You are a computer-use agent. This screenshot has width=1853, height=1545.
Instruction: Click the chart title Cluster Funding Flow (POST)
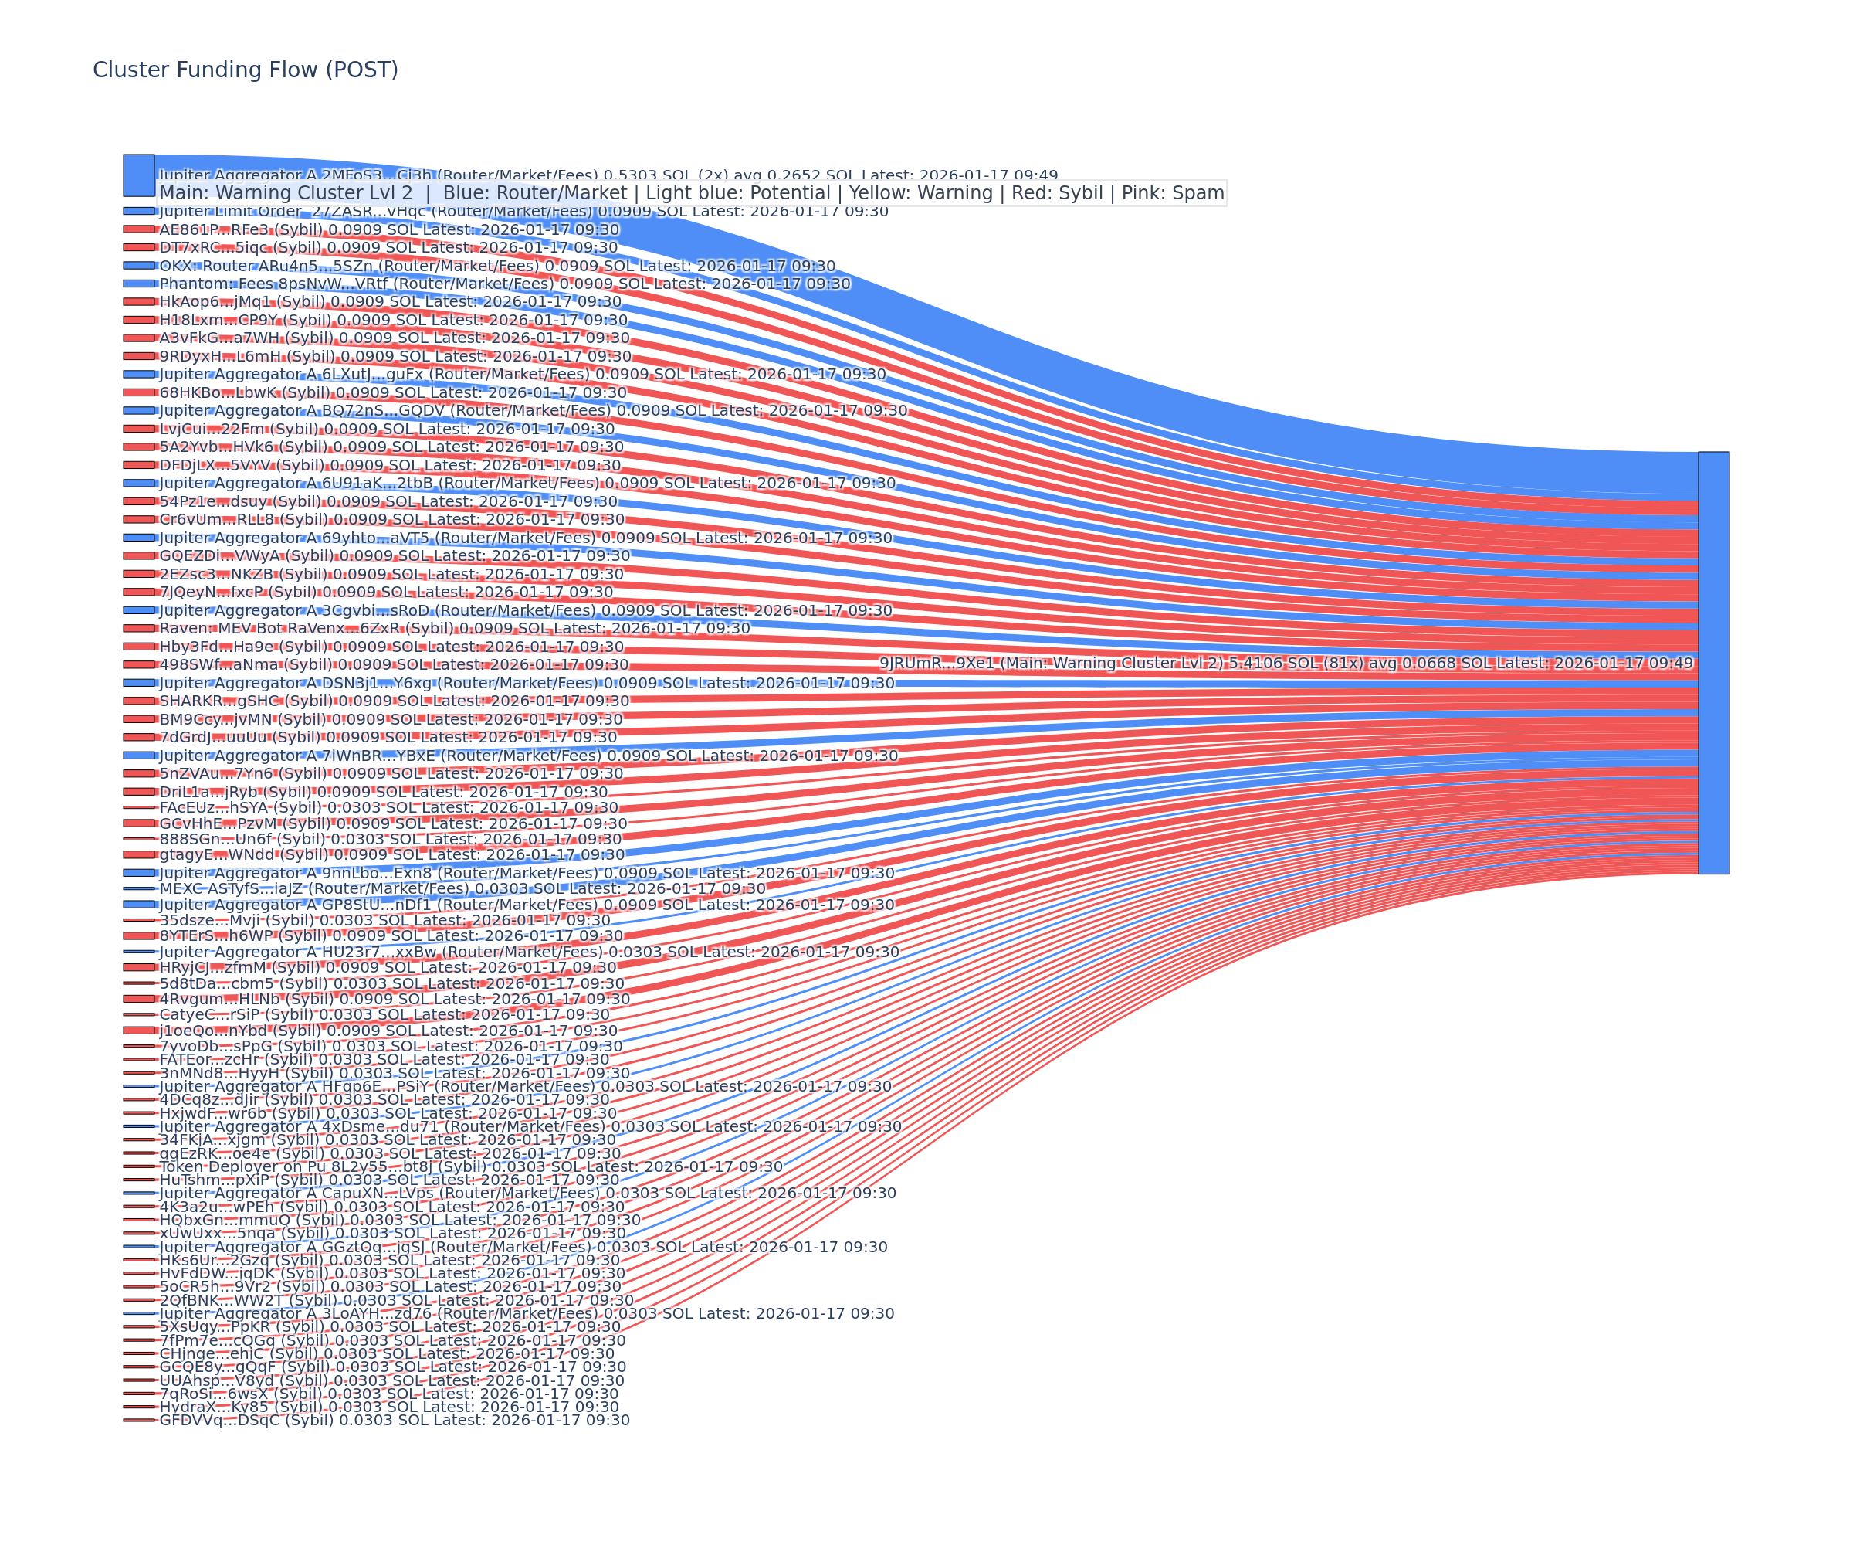(x=246, y=70)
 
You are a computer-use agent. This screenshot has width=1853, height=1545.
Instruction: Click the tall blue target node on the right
(x=1712, y=663)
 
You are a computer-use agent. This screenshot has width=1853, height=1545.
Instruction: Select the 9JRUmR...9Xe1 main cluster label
(x=1286, y=663)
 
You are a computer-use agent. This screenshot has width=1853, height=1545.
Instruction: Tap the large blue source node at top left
(x=138, y=175)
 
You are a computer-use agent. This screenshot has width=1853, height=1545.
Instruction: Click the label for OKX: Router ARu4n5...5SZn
(x=496, y=266)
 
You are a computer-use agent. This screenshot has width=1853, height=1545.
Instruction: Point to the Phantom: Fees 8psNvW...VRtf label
(x=505, y=284)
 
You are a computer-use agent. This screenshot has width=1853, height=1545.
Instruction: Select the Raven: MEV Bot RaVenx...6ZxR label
(x=455, y=629)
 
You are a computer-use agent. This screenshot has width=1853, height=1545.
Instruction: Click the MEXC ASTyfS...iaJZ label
(x=462, y=888)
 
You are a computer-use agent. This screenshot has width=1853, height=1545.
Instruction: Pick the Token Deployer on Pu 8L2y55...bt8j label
(x=470, y=1166)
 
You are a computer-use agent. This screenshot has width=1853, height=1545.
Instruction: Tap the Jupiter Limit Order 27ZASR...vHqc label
(x=523, y=211)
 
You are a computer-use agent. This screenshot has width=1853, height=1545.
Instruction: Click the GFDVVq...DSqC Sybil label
(x=395, y=1421)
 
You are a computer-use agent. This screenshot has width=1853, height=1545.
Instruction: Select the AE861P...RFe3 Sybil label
(x=389, y=229)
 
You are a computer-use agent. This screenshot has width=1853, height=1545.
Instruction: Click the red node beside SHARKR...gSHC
(x=138, y=701)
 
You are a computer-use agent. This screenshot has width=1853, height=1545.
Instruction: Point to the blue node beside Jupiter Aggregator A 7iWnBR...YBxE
(x=138, y=756)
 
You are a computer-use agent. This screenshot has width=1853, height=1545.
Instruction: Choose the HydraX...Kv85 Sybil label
(x=389, y=1407)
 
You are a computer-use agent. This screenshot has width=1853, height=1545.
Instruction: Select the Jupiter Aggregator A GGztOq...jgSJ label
(x=523, y=1248)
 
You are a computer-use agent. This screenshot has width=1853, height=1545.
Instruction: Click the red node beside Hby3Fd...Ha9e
(x=138, y=647)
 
